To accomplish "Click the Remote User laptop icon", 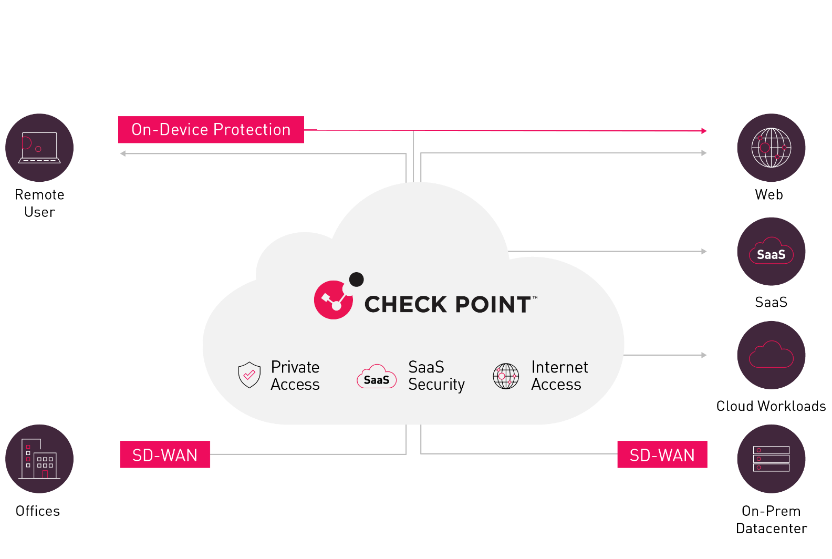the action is click(x=39, y=148).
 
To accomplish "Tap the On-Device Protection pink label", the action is click(x=211, y=130).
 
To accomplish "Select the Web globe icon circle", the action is click(x=771, y=148).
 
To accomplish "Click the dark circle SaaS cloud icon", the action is click(x=771, y=252).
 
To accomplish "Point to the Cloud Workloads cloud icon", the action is click(x=771, y=355).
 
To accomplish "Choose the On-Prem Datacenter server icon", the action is click(x=771, y=459).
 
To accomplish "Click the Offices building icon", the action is click(x=39, y=459).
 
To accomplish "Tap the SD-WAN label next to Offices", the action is click(x=165, y=454).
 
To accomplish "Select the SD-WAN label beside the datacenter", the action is click(x=662, y=454).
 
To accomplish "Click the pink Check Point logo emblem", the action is click(x=333, y=300).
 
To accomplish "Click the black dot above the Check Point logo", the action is click(x=357, y=279).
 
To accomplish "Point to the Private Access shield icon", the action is click(x=249, y=375).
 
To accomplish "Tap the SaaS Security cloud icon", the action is click(x=377, y=376).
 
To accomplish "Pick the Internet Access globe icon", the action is click(x=506, y=376).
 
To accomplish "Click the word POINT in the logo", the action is click(x=493, y=304).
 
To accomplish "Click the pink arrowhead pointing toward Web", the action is click(x=704, y=131).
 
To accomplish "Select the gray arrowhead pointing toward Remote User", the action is click(x=123, y=153).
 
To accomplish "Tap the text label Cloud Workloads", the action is click(x=771, y=406).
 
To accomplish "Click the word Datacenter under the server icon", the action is click(x=772, y=528).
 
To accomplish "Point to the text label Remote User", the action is click(x=39, y=203).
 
